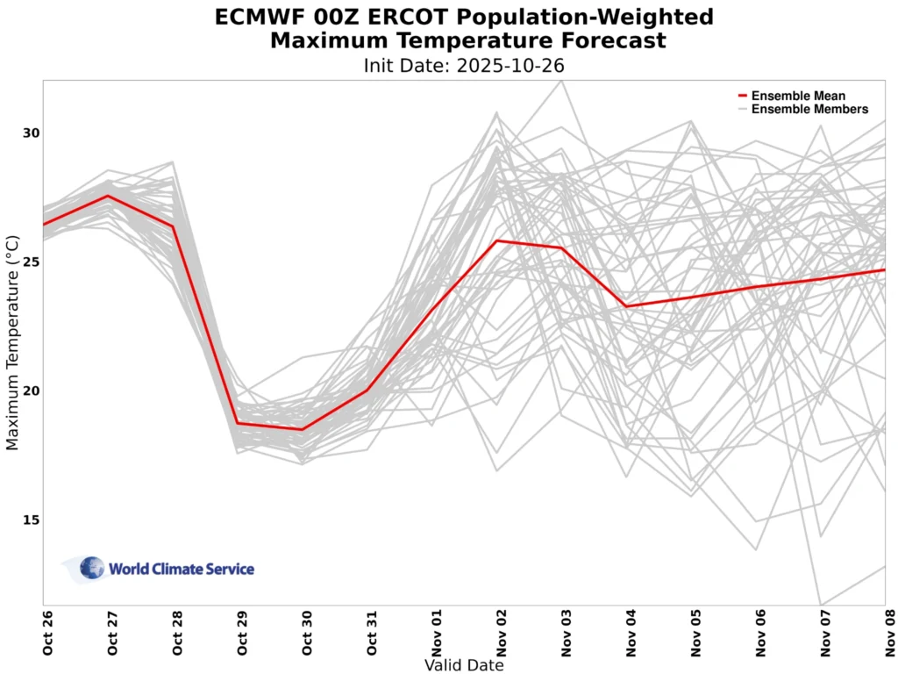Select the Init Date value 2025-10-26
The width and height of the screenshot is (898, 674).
point(510,65)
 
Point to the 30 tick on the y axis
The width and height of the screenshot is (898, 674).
point(32,133)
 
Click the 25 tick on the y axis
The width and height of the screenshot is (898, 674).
point(32,262)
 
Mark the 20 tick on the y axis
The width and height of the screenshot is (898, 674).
point(32,391)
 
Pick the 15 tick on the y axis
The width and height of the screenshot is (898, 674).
point(32,520)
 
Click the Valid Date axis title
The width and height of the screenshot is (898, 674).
point(464,665)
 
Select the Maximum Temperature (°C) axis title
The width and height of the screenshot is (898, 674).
point(12,342)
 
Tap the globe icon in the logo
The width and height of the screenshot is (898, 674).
point(92,568)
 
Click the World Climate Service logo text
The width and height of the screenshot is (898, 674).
point(182,570)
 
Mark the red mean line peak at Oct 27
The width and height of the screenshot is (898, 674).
point(108,196)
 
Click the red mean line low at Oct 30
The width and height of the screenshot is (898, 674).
point(303,429)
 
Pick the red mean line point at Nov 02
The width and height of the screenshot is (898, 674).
point(497,240)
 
